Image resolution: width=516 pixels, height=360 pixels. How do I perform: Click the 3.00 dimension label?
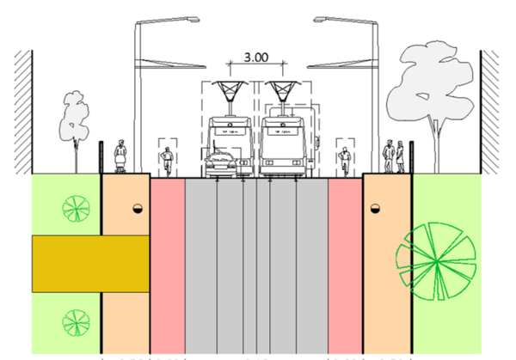256,58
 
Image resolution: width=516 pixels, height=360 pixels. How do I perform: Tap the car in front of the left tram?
222,162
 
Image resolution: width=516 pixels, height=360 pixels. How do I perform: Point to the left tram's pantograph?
230,93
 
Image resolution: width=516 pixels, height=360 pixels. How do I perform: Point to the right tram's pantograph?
281,93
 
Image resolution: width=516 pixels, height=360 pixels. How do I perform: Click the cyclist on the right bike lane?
345,161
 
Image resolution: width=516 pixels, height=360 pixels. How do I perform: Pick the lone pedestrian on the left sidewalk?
120,157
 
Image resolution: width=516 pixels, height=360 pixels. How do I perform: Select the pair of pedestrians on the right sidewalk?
395,157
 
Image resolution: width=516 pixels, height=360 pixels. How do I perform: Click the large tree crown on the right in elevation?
430,82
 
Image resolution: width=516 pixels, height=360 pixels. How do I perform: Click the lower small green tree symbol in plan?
76,323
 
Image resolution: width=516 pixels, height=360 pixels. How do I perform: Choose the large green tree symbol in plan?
435,259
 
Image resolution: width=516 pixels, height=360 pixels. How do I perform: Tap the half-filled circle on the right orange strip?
375,209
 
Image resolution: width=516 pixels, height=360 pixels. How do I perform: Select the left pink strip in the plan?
168,266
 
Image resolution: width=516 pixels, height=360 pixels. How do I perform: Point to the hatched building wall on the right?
490,107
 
